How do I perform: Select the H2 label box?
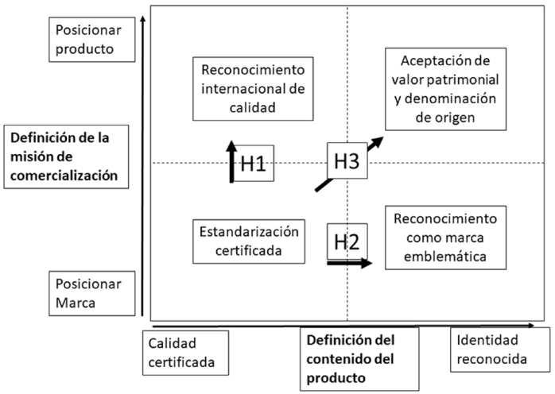click(347, 241)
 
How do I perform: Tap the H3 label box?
click(347, 161)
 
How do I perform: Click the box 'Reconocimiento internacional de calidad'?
click(250, 89)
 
